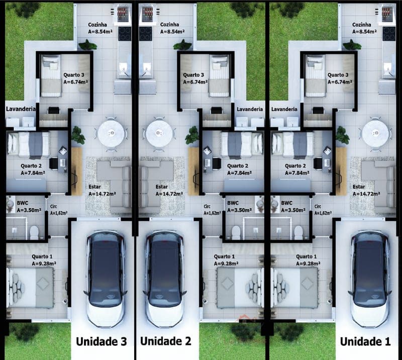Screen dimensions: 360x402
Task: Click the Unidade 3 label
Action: tap(101, 341)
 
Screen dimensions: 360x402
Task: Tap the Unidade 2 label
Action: tap(165, 341)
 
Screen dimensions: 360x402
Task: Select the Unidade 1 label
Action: tap(365, 342)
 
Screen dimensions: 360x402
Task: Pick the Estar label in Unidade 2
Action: tap(159, 186)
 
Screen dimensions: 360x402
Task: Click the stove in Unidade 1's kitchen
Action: tap(389, 33)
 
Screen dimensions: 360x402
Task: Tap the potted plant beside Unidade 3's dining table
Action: tap(77, 135)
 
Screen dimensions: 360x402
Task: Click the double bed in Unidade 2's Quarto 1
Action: tap(239, 288)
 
